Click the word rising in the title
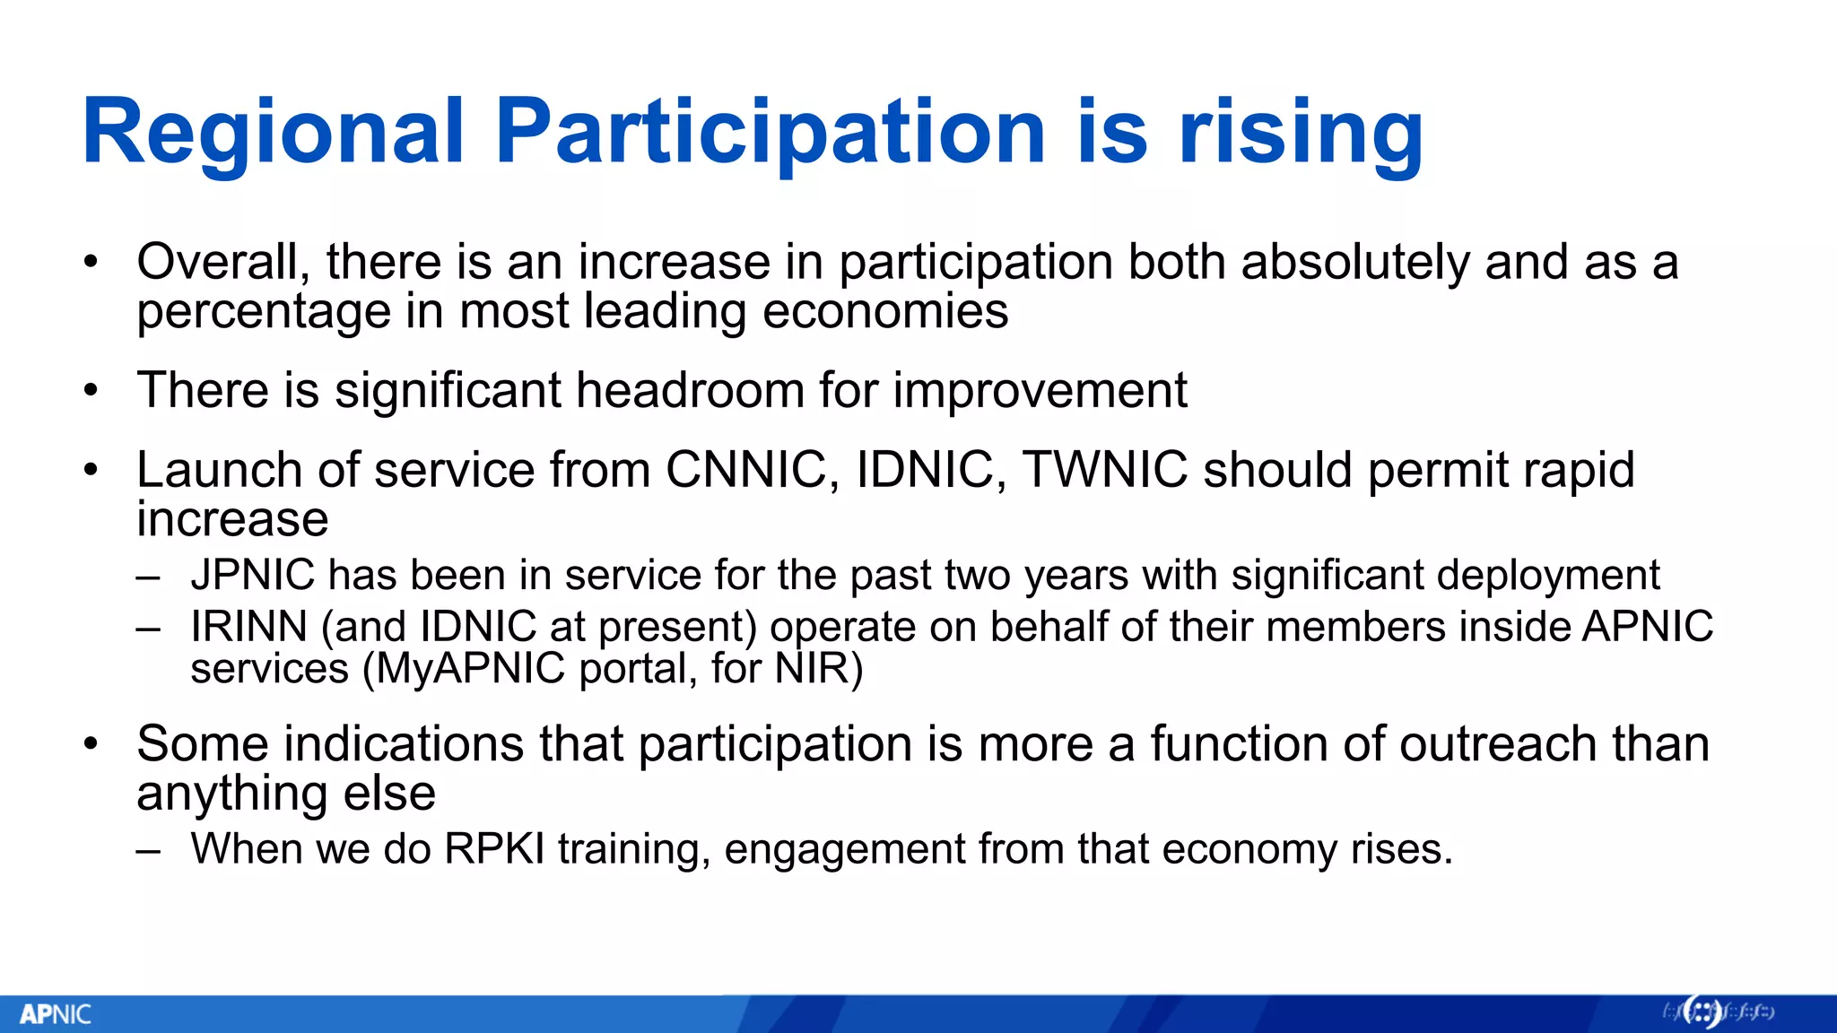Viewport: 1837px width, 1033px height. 1300,135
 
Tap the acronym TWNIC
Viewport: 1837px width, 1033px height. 1105,470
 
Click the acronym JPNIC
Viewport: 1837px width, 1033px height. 253,575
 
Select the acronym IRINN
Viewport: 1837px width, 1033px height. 248,626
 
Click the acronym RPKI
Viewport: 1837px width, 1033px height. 494,848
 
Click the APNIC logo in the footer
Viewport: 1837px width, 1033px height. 56,1014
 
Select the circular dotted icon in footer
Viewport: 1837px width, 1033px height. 1702,1012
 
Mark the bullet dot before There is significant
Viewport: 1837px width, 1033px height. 90,391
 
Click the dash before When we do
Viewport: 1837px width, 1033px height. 149,849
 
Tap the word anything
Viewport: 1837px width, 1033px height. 231,794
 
